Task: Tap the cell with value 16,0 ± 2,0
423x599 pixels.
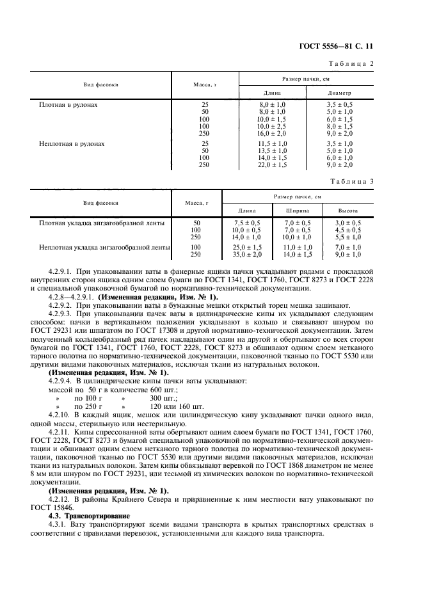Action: pos(271,134)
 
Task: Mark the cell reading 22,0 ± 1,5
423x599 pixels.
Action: pos(271,164)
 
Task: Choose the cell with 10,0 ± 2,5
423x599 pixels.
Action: pos(271,127)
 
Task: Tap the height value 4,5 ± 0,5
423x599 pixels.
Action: pos(348,230)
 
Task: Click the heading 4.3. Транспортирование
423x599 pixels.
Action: pos(87,515)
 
